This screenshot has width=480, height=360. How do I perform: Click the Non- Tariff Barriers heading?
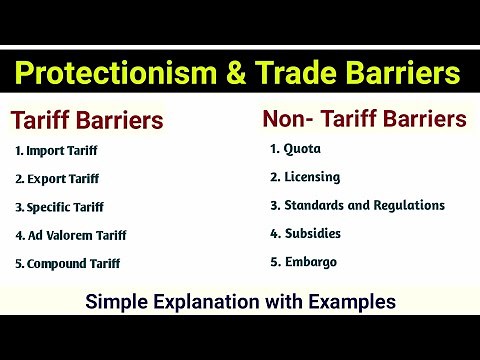pyautogui.click(x=364, y=119)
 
